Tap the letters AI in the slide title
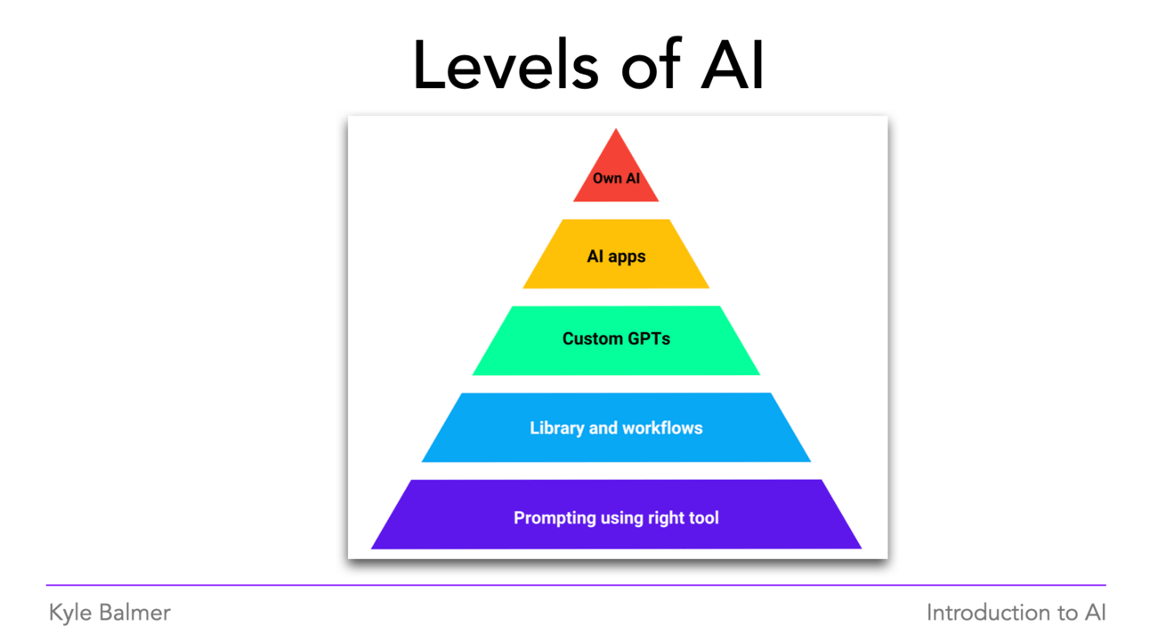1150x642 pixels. click(x=732, y=67)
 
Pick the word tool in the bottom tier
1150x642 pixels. click(x=702, y=518)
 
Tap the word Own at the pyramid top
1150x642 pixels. click(x=606, y=179)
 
